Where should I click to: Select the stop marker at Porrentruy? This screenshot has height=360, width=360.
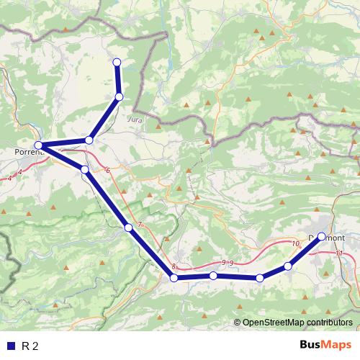[x=39, y=146]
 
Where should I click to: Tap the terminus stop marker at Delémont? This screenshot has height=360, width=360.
[x=321, y=236]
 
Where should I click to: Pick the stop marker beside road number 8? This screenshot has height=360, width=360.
[x=174, y=277]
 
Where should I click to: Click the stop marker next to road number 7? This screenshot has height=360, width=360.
[x=128, y=228]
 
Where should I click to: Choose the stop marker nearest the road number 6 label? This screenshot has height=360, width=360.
[x=85, y=169]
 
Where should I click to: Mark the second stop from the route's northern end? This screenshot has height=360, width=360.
[x=120, y=96]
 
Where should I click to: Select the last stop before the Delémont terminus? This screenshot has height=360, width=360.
[x=288, y=266]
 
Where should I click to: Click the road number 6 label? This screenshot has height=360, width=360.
[x=107, y=171]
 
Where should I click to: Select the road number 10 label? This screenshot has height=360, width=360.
[x=295, y=244]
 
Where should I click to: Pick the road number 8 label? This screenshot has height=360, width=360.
[x=174, y=266]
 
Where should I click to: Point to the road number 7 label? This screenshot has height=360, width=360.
[x=140, y=225]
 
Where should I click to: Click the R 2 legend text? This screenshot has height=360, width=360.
[x=30, y=346]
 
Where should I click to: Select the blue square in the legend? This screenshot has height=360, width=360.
[x=10, y=346]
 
